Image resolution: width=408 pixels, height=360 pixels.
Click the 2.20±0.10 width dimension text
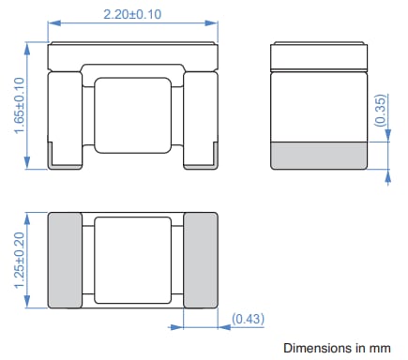point(132,13)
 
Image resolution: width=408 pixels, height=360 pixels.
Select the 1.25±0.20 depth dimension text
point(20,259)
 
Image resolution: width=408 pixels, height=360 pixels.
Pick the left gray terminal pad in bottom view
point(65,260)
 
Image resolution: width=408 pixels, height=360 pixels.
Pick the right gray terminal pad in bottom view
point(200,260)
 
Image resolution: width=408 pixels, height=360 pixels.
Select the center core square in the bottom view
point(132,259)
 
